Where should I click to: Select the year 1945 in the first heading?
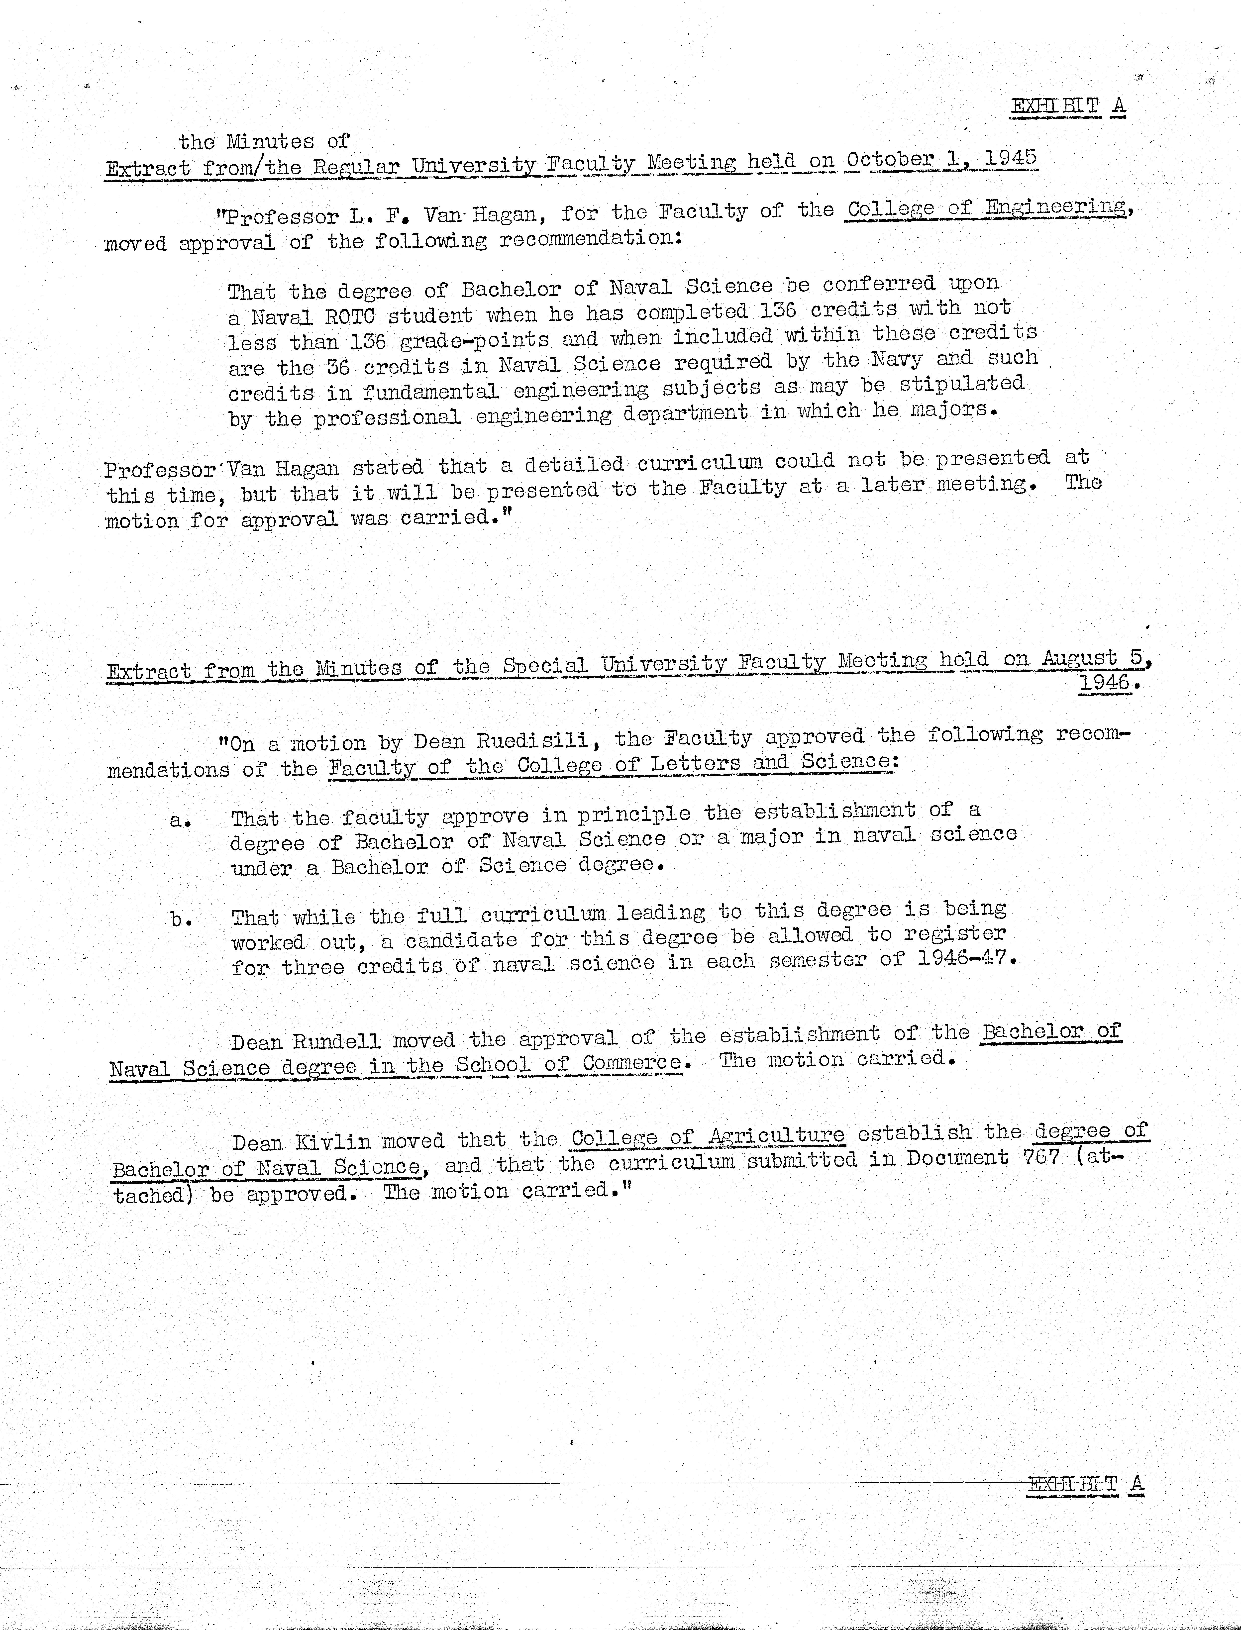click(x=1011, y=157)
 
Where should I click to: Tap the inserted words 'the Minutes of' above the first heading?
click(x=264, y=140)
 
